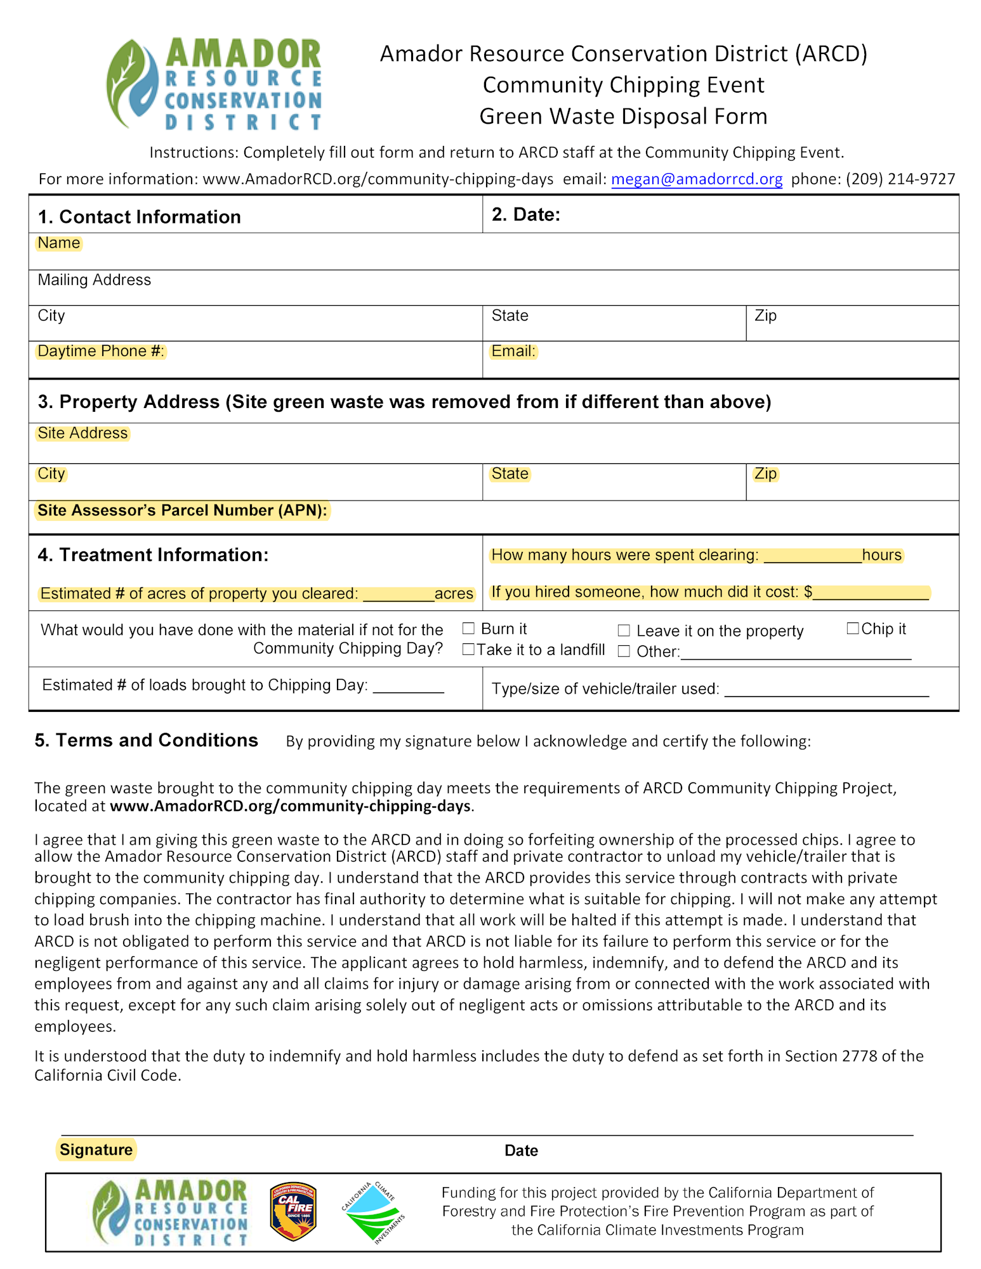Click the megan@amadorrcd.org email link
click(x=696, y=179)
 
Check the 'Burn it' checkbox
click(x=468, y=628)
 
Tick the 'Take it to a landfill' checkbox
click(x=468, y=649)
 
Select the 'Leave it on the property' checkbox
click(x=624, y=630)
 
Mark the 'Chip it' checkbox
click(x=853, y=628)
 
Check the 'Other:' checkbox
click(x=624, y=652)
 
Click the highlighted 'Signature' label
click(x=96, y=1150)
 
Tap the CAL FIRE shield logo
click(x=293, y=1211)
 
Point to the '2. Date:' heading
click(x=525, y=214)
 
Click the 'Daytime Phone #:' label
click(x=101, y=351)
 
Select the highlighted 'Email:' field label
click(x=513, y=351)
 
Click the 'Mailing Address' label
click(x=94, y=280)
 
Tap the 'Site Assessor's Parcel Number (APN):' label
click(x=182, y=510)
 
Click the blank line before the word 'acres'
click(x=398, y=595)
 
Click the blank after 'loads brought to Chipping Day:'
click(x=408, y=687)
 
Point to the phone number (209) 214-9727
click(x=900, y=179)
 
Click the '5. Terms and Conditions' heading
click(x=146, y=740)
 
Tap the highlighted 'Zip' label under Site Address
click(x=765, y=473)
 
